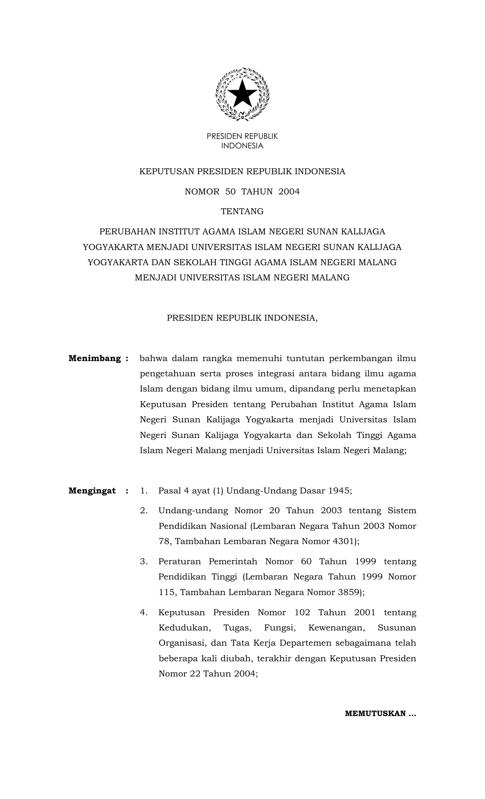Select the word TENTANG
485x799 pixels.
pos(242,212)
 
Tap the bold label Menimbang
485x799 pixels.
pos(95,358)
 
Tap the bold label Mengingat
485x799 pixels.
pos(92,490)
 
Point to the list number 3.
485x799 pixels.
pos(143,562)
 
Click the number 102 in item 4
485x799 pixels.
pos(302,613)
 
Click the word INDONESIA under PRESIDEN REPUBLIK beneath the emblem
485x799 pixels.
pos(242,146)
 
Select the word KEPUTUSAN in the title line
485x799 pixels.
pos(167,172)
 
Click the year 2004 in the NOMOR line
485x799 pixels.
pos(289,191)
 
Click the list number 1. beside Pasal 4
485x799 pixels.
pos(143,490)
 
